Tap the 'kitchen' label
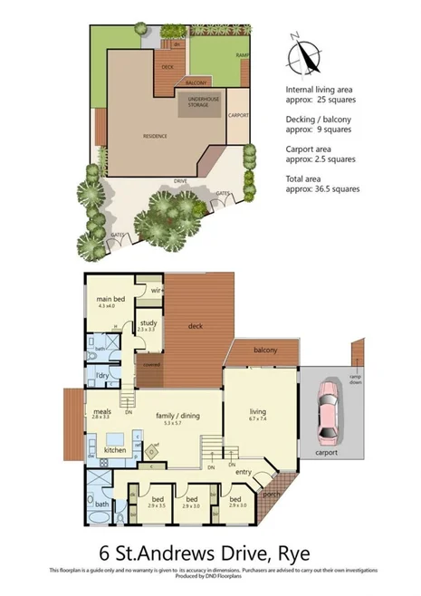pos(115,449)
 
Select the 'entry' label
pos(243,471)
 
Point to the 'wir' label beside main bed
pos(143,290)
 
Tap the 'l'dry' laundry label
pos(102,374)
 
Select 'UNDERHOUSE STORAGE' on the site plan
pos(197,102)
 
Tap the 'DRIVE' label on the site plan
pos(180,181)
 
